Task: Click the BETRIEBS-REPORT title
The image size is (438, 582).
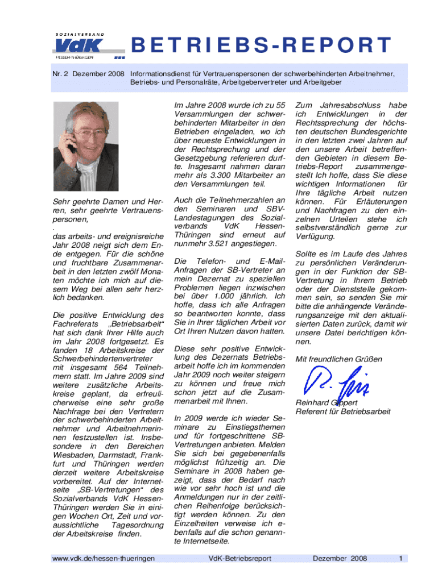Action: pyautogui.click(x=262, y=45)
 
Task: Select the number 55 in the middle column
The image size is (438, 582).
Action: pyautogui.click(x=279, y=106)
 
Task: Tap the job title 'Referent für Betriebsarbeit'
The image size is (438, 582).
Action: pyautogui.click(x=343, y=411)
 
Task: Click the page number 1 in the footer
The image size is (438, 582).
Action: pyautogui.click(x=401, y=559)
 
